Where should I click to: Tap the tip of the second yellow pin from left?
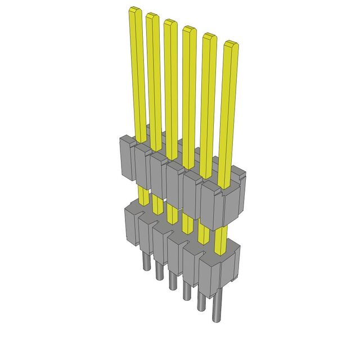click(152, 16)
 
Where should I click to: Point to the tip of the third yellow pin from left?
click(170, 23)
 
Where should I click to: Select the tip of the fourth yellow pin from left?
click(189, 29)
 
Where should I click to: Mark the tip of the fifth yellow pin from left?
click(209, 37)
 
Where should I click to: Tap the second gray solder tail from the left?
click(160, 272)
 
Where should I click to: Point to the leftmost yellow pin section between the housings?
click(144, 197)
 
